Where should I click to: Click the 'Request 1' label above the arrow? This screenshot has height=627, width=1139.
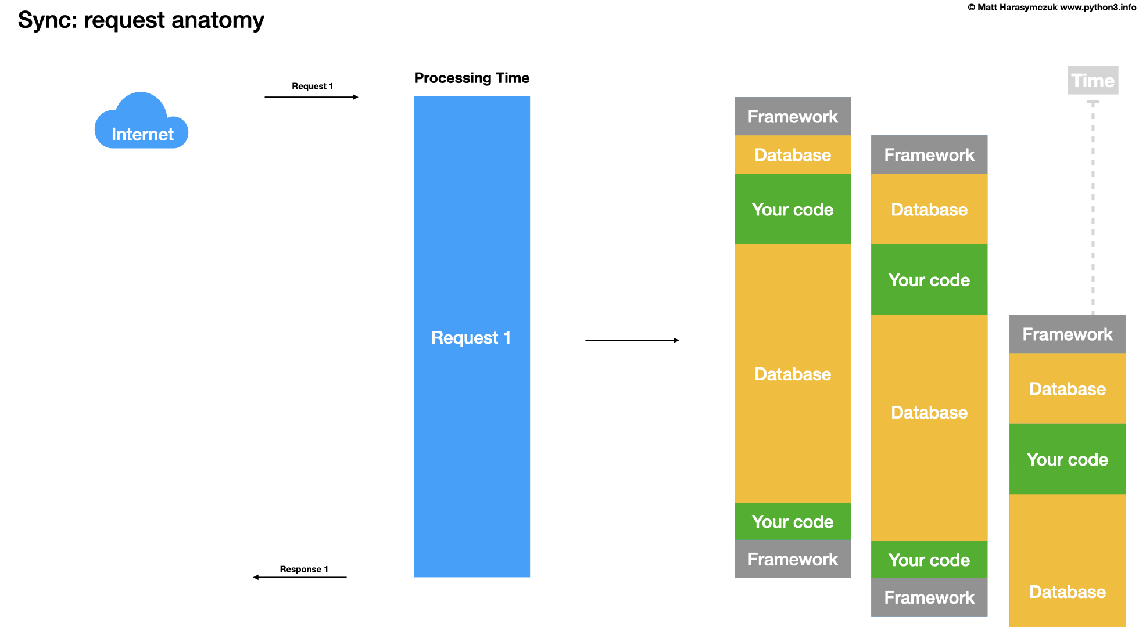[x=312, y=86]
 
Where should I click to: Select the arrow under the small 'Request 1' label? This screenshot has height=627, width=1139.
[x=311, y=97]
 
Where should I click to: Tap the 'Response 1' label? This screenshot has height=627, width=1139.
[x=304, y=569]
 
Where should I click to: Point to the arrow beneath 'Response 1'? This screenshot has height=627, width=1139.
[x=300, y=577]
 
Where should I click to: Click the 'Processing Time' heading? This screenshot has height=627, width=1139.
[x=471, y=78]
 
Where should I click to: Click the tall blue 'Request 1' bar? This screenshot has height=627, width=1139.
[x=471, y=337]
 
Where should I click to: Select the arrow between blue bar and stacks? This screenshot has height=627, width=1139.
[x=632, y=340]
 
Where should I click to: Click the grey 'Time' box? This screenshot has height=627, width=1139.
[x=1093, y=80]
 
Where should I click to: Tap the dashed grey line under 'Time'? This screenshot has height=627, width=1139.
[x=1093, y=209]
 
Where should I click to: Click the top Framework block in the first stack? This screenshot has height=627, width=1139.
[x=792, y=116]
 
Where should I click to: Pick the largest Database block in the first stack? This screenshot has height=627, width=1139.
[x=792, y=373]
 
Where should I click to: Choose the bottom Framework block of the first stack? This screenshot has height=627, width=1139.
[x=792, y=559]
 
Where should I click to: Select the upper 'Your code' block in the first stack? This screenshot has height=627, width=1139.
[x=792, y=209]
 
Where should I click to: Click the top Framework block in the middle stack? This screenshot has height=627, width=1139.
[x=929, y=154]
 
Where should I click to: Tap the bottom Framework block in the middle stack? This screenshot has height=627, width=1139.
[x=929, y=597]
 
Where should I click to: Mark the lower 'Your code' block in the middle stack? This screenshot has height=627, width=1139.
[x=929, y=560]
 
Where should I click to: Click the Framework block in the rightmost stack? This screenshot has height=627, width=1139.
[x=1067, y=334]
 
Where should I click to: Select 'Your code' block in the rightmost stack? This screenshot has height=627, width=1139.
[x=1067, y=459]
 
